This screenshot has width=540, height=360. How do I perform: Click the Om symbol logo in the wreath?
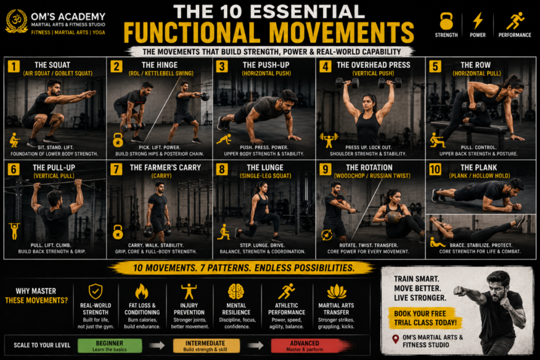16,21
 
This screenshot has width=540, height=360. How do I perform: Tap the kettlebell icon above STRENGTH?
446,21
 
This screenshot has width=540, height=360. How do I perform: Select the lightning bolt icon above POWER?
478,21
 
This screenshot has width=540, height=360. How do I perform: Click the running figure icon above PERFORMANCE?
515,21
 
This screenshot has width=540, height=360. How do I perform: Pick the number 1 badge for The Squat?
13,66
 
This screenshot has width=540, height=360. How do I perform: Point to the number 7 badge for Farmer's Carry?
116,169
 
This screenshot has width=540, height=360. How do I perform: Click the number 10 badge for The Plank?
435,169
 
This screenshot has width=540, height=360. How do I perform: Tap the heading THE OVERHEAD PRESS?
373,65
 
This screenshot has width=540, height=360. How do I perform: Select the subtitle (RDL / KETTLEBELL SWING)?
161,73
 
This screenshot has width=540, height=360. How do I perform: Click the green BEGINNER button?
110,346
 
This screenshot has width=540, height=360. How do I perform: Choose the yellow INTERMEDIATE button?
206,346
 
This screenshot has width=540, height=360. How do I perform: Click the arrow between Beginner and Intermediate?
157,345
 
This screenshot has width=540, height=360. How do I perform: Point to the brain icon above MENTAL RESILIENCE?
236,291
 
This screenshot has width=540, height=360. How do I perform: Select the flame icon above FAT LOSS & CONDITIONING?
141,291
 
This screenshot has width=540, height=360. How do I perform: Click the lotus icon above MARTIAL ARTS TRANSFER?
336,291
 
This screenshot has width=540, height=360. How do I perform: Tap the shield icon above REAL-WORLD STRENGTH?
95,291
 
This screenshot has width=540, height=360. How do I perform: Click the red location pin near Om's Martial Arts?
396,339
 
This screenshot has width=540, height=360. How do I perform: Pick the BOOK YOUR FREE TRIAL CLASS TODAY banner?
425,318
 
